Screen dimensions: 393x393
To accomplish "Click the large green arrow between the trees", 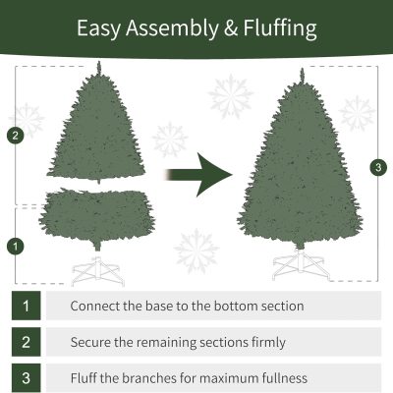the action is point(199,175).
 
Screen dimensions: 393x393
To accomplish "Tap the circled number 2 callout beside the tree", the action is point(16,136).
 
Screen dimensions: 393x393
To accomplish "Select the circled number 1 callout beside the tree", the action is point(16,246).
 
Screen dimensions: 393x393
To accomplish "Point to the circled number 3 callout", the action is point(378,167).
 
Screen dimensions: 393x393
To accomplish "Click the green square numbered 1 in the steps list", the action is point(27,306).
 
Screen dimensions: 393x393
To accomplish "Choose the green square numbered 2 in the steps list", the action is point(27,342).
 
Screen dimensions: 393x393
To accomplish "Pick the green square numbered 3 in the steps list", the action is point(27,378).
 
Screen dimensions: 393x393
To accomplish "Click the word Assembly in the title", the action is point(172,28).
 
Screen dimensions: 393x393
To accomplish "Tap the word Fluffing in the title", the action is point(280,28).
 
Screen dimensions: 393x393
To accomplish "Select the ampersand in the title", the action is point(231,28).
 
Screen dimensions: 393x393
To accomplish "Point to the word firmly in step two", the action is point(268,343).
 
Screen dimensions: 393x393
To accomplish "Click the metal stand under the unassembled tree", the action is point(98,270).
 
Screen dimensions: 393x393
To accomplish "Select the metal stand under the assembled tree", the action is point(300,264).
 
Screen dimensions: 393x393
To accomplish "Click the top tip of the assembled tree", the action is point(302,69).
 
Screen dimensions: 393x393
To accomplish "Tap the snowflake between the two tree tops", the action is point(231,96).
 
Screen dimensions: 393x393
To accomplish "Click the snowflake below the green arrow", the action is point(196,252).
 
